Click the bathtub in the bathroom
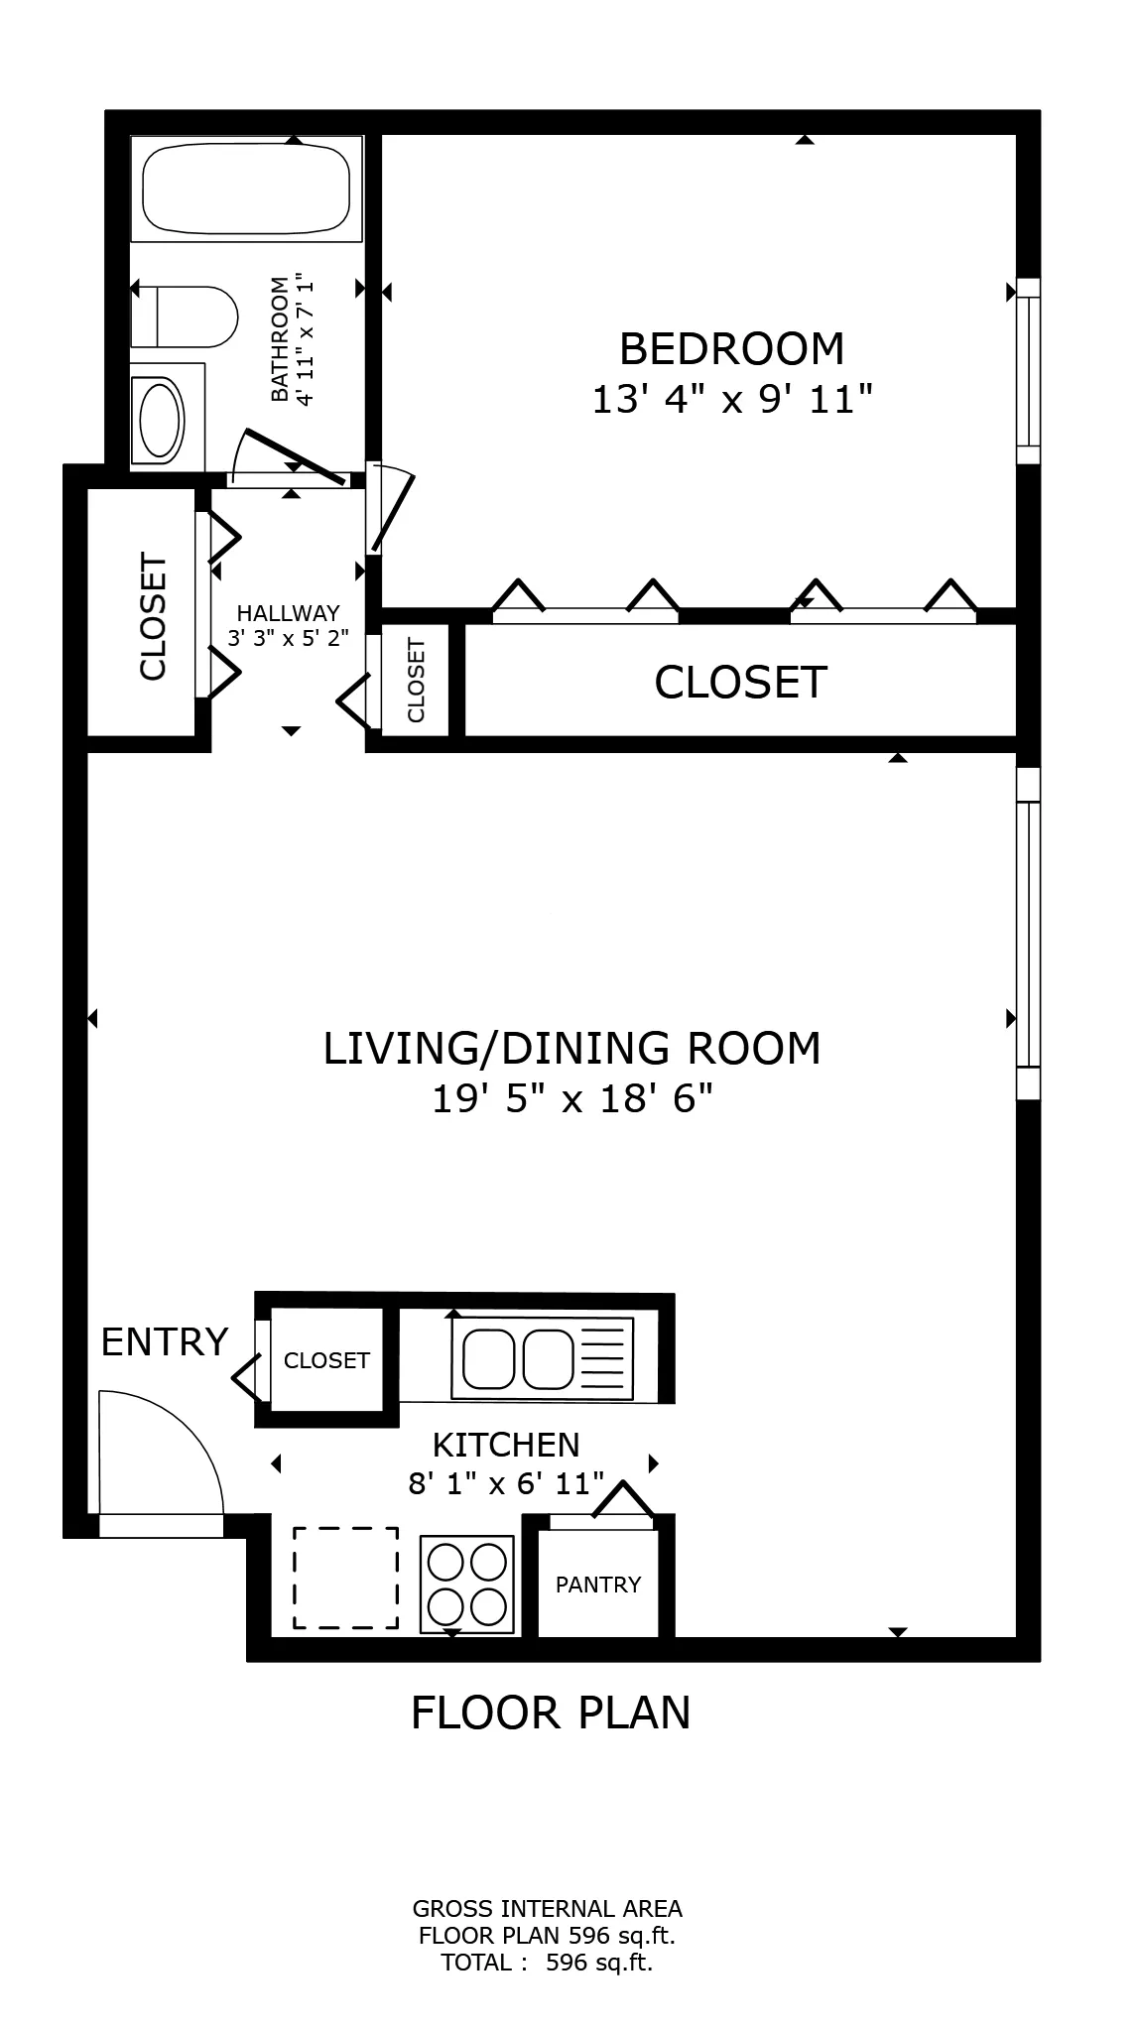point(246,189)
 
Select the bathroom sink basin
point(162,419)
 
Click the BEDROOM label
point(731,349)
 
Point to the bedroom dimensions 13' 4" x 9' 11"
point(731,401)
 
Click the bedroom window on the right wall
point(1029,371)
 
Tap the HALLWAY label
point(288,613)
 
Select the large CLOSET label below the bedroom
point(740,683)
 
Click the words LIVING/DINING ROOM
point(572,1049)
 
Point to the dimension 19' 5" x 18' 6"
point(572,1099)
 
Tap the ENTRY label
point(165,1342)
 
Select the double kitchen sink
point(542,1358)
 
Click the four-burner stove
point(466,1584)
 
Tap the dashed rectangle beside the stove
point(345,1578)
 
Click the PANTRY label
point(598,1585)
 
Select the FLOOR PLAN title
point(551,1714)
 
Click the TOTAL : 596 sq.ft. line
point(547,1962)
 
